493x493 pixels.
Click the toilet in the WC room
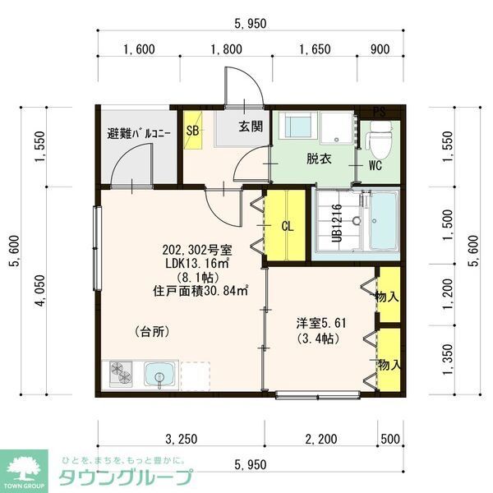pos(379,139)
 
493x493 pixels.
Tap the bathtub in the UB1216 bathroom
pos(381,222)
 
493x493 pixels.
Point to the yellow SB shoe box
pos(192,131)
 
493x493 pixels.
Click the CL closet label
pos(288,225)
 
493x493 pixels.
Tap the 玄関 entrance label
pos(251,127)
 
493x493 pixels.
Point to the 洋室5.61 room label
pos(321,321)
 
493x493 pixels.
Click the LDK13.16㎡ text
pos(196,263)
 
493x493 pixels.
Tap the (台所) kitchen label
pos(152,332)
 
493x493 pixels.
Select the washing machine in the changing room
pos(297,128)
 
